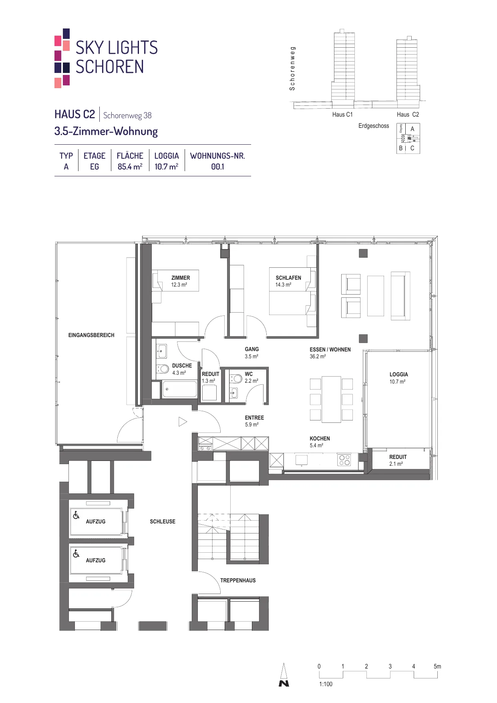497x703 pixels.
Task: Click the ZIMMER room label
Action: coord(181,278)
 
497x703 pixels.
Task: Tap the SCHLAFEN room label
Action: coord(288,278)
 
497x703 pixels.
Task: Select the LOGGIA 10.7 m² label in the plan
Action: coord(399,378)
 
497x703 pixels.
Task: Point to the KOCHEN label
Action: coord(320,438)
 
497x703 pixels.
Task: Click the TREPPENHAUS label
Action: coord(238,580)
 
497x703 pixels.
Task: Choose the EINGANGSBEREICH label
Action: coord(91,335)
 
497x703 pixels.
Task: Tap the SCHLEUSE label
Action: coord(163,521)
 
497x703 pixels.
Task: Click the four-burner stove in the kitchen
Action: coord(344,460)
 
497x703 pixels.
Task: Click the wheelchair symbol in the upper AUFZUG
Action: coord(76,515)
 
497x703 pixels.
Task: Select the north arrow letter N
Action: coord(284,683)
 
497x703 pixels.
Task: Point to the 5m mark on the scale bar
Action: coord(437,667)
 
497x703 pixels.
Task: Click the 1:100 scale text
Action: coord(326,684)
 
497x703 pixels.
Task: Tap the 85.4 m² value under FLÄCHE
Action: coord(130,167)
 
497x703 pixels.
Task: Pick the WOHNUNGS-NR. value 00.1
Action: coord(217,167)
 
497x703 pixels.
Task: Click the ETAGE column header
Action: coord(95,156)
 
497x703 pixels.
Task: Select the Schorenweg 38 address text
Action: coord(127,115)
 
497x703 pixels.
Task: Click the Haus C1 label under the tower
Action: coord(342,115)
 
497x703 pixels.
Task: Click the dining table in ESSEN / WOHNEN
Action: coord(332,399)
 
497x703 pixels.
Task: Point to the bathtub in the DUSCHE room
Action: coord(179,390)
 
